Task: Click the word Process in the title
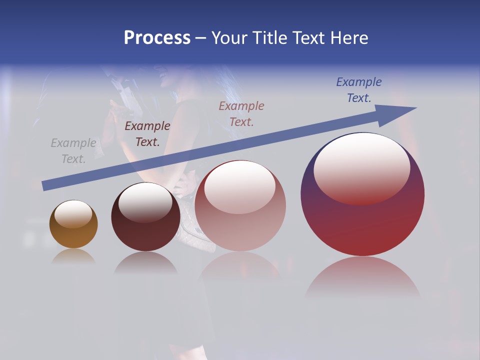157,37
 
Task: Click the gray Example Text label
73,151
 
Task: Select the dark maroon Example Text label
147,134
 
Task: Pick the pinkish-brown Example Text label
241,113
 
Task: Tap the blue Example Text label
359,90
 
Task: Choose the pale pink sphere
240,225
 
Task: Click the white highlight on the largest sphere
361,167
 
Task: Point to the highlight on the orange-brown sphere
73,214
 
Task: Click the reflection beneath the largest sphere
362,275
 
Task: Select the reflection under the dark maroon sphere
145,262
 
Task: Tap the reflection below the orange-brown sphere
73,256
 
